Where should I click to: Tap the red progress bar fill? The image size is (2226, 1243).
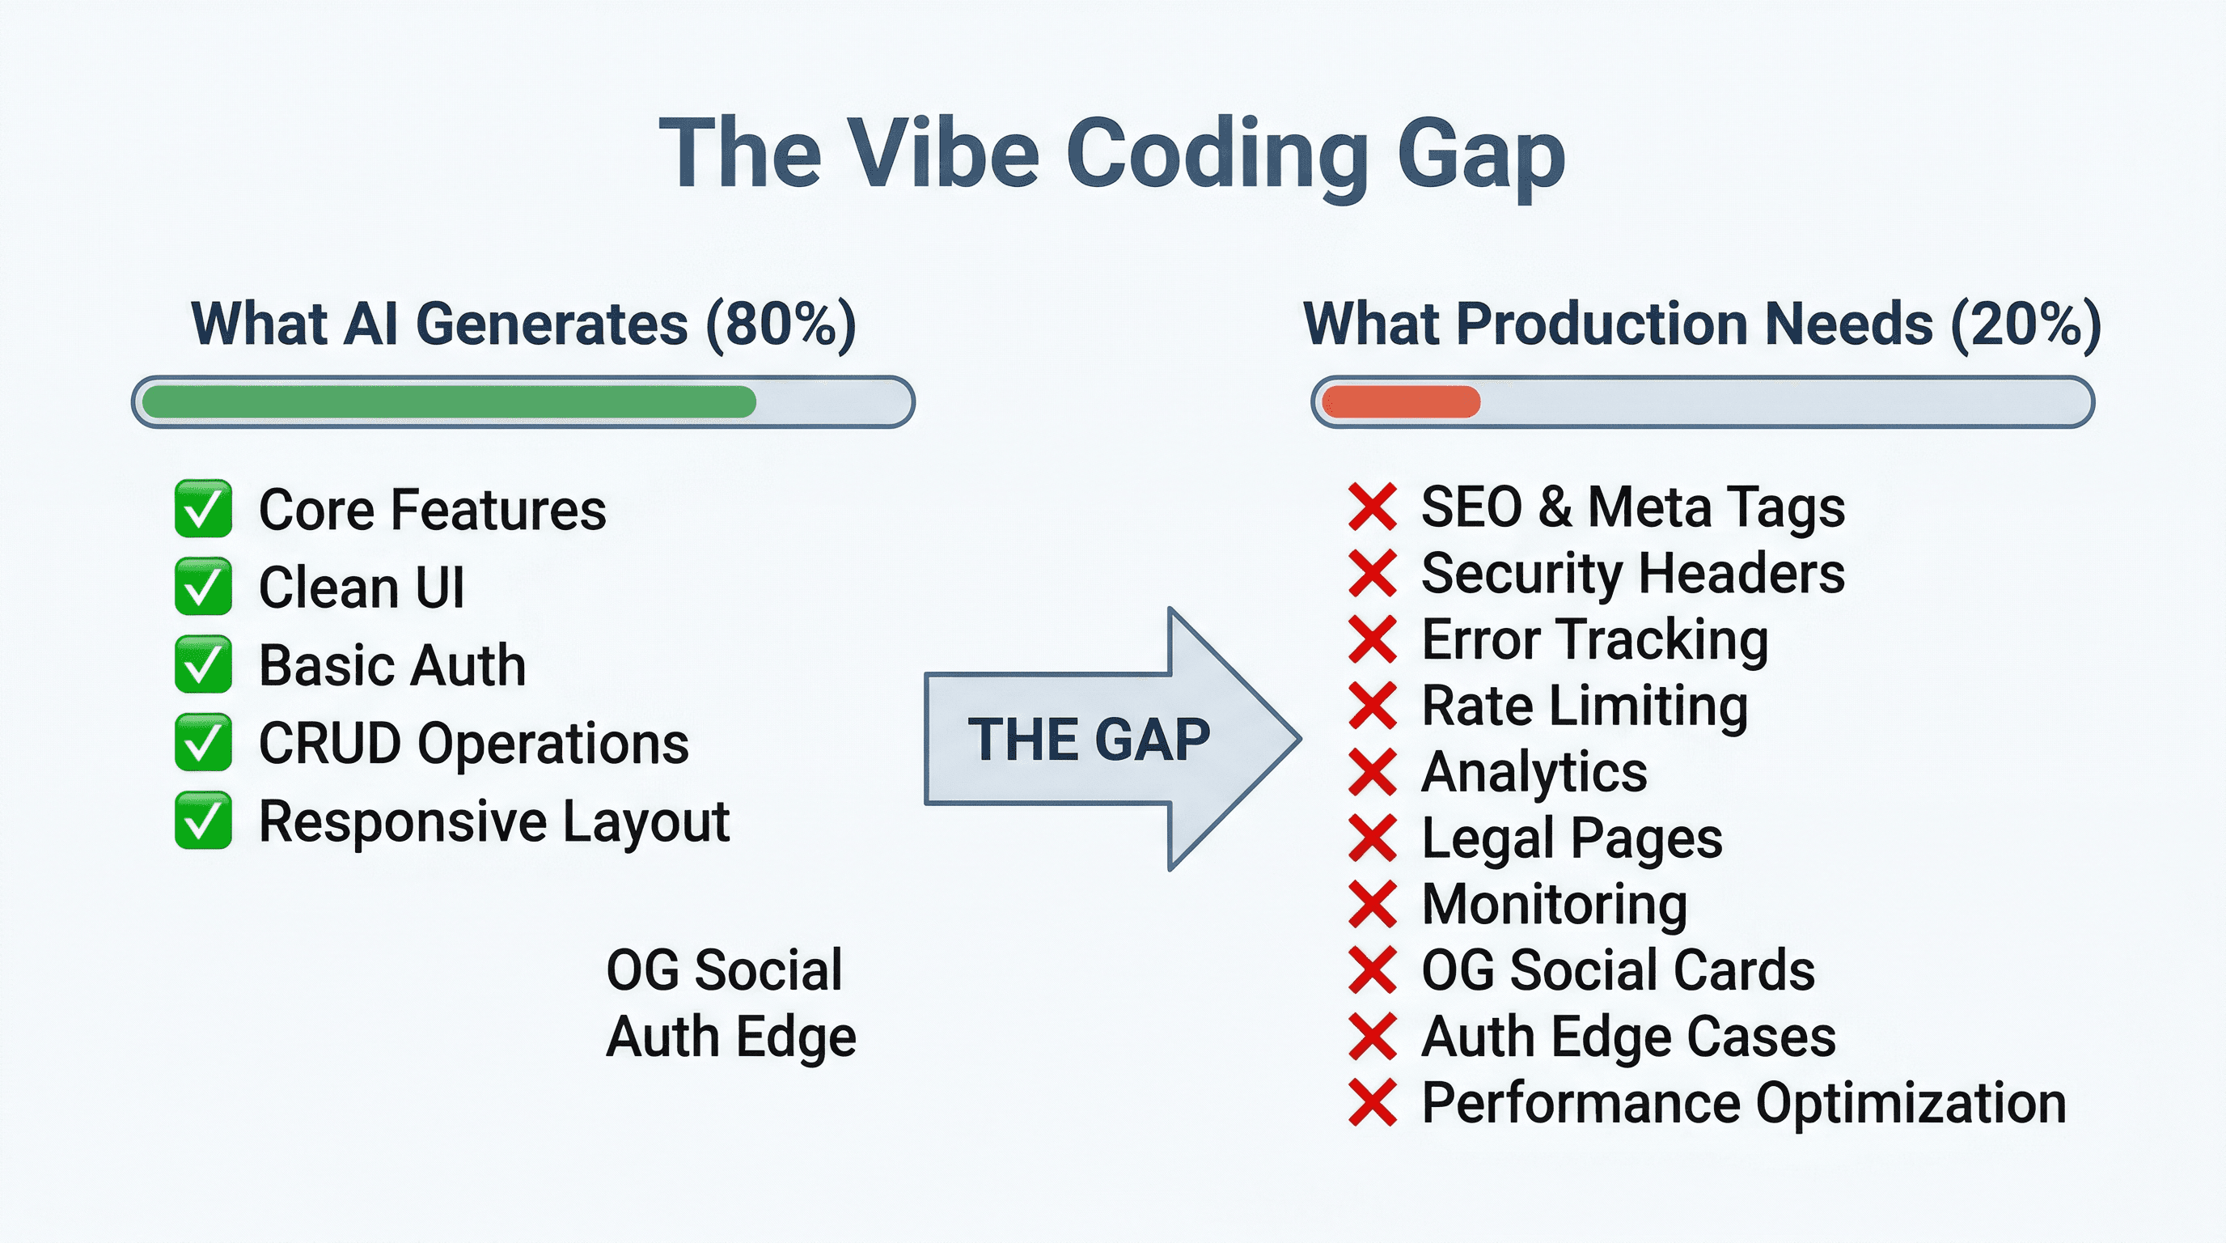(x=1401, y=402)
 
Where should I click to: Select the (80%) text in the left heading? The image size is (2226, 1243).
(x=781, y=325)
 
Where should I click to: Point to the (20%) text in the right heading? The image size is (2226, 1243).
(x=2026, y=325)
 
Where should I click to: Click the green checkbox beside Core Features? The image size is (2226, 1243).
(x=203, y=508)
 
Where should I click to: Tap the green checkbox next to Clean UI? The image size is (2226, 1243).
(x=203, y=586)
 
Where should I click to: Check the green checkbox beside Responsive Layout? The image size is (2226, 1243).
(x=203, y=821)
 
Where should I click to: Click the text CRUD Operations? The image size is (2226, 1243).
(x=473, y=744)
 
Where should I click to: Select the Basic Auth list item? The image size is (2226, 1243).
(x=392, y=665)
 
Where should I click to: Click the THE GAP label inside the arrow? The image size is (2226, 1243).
(x=1088, y=740)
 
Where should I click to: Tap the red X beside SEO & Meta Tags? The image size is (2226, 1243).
(x=1372, y=507)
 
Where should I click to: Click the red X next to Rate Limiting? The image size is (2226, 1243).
(x=1372, y=706)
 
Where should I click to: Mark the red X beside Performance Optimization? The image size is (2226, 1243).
(x=1372, y=1103)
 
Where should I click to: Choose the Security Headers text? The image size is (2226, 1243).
(x=1632, y=573)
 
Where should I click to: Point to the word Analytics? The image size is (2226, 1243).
(x=1534, y=771)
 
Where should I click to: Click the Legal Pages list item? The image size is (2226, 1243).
(x=1572, y=838)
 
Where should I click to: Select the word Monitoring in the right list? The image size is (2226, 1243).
(x=1554, y=904)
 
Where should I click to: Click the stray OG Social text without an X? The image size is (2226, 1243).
(x=724, y=969)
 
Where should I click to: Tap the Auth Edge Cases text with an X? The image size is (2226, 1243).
(x=1628, y=1037)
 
